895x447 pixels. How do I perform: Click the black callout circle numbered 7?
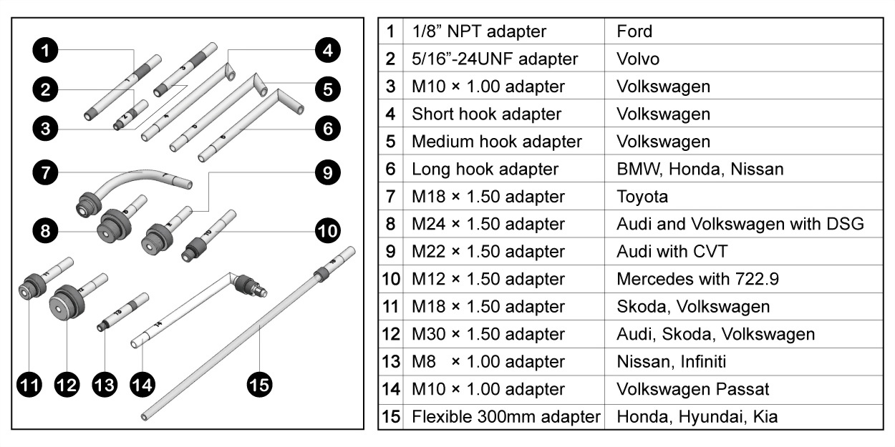click(45, 172)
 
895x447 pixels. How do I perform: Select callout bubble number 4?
click(326, 51)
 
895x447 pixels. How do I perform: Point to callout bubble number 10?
click(326, 230)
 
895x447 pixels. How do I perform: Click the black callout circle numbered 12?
click(67, 385)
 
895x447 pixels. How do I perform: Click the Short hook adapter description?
click(486, 114)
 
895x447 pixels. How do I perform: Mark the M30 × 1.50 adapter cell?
click(488, 334)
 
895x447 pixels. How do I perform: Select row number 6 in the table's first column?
click(390, 170)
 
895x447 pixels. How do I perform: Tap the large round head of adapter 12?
click(64, 304)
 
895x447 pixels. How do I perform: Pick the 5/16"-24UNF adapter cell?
click(495, 59)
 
